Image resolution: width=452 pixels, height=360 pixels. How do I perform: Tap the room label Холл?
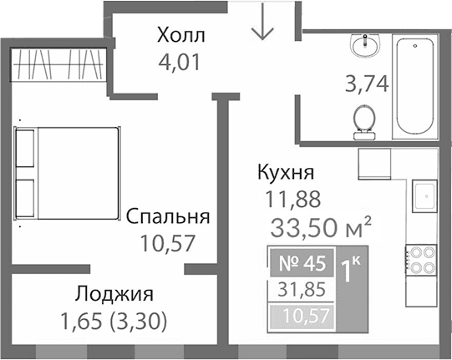coord(180,36)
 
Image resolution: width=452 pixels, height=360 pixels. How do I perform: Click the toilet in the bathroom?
coord(364,122)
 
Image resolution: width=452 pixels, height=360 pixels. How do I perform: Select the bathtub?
coord(416,86)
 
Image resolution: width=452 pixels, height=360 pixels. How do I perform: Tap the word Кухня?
coord(286,174)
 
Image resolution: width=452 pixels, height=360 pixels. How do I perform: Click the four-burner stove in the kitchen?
coord(420,258)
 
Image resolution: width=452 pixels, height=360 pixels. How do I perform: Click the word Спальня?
coord(167,218)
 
